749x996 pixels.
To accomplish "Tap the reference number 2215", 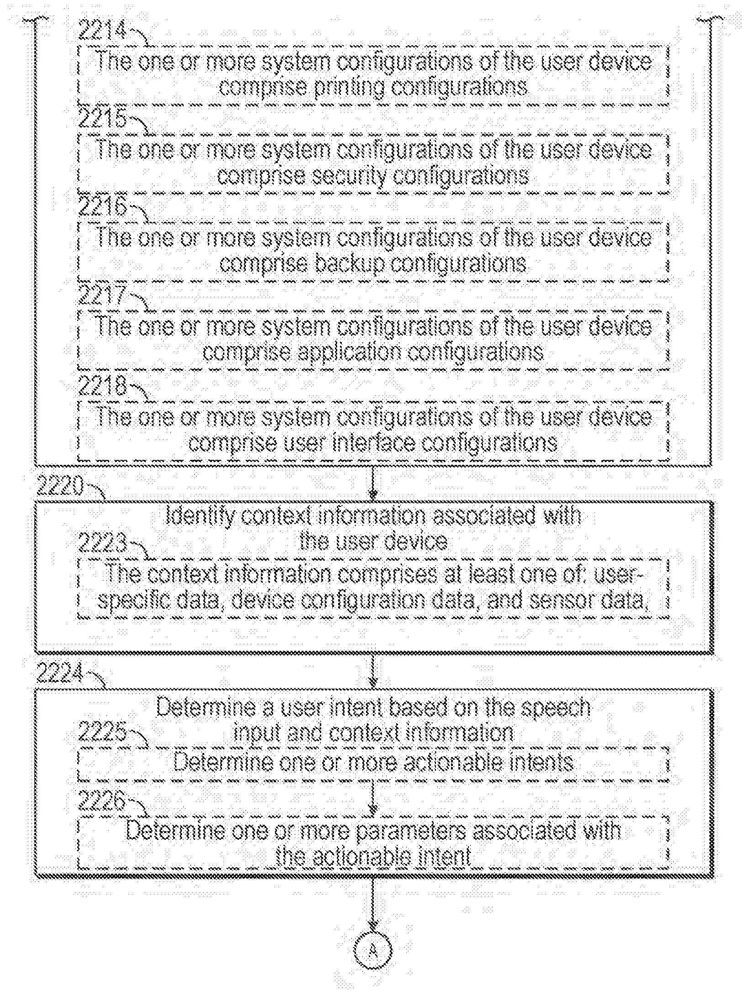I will coord(102,120).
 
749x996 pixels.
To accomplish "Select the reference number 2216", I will coord(102,208).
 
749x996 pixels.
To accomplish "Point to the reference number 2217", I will coord(101,295).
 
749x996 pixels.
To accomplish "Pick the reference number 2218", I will coord(102,386).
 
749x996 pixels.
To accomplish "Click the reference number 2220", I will coord(59,486).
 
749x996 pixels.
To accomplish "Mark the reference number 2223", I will coord(102,543).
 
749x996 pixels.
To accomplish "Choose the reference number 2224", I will coord(59,673).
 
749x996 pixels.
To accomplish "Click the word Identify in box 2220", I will coord(200,516).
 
